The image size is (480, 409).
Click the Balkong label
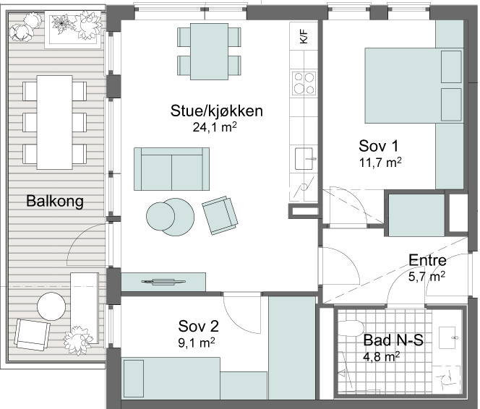coord(55,202)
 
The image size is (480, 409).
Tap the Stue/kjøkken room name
coord(216,111)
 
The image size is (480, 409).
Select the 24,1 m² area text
coord(215,127)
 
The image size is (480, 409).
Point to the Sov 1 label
coord(379,146)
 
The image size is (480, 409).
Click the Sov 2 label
coord(198,326)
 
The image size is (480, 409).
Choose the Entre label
coord(427,260)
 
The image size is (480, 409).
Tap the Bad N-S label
coord(393,340)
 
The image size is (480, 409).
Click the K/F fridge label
coord(304,36)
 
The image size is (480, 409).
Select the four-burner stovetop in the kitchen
coord(304,83)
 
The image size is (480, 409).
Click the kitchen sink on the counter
coord(304,158)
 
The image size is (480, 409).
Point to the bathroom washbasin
coord(449,337)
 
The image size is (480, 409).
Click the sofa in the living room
coord(171,169)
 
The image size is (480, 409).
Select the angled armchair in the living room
coord(220,215)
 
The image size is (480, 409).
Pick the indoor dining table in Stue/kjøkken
coord(209,51)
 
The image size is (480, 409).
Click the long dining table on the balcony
coord(55,122)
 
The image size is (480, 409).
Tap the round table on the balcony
coord(51,306)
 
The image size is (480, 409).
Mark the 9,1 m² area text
coord(196,343)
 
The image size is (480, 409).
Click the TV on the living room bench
coord(163,281)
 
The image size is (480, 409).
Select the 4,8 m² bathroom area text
coord(382,356)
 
